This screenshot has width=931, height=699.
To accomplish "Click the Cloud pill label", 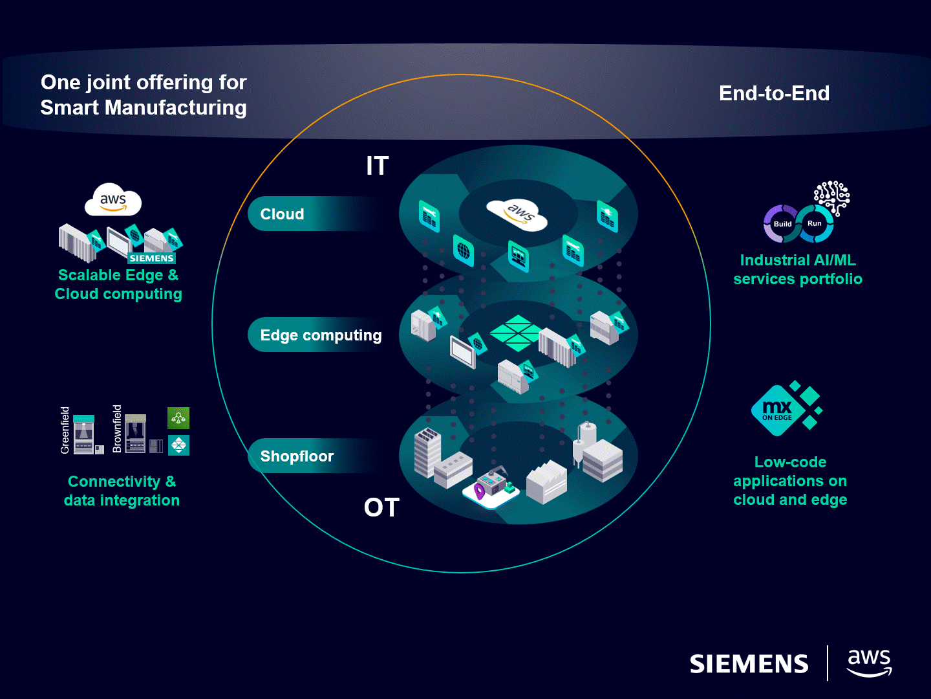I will tap(282, 214).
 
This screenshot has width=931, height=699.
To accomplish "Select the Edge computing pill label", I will tap(321, 335).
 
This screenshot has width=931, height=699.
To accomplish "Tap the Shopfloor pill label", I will tap(297, 456).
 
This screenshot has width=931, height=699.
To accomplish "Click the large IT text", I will tap(377, 166).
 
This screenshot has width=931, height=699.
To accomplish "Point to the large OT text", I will tap(381, 507).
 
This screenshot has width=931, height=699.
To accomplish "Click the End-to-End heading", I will tap(774, 93).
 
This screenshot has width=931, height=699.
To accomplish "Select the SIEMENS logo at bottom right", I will tap(749, 664).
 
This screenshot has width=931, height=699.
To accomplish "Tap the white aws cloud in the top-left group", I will tap(113, 201).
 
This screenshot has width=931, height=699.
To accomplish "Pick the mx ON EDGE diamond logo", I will tap(778, 410).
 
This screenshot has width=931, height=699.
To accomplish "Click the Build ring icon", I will tap(782, 224).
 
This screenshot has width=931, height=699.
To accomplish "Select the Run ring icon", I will tap(815, 223).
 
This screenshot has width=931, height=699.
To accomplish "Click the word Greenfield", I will tap(65, 430).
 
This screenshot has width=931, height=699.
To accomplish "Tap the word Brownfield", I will tap(117, 428).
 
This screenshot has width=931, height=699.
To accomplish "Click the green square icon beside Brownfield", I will tap(178, 418).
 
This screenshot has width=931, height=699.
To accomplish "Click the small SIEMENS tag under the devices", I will tap(151, 258).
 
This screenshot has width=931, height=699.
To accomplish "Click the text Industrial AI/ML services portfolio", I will tap(797, 269).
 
